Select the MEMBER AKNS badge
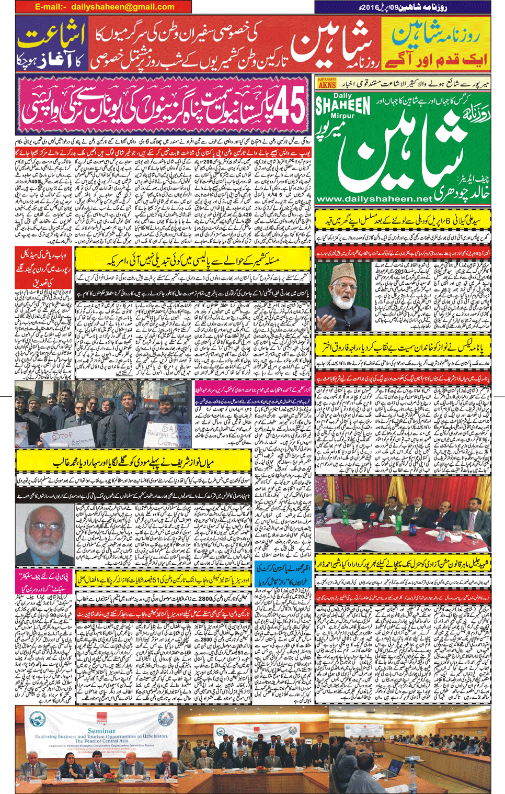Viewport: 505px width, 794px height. pos(327,83)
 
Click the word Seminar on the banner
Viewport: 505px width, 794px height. pos(101,731)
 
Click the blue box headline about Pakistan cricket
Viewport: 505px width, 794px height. pos(283,574)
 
